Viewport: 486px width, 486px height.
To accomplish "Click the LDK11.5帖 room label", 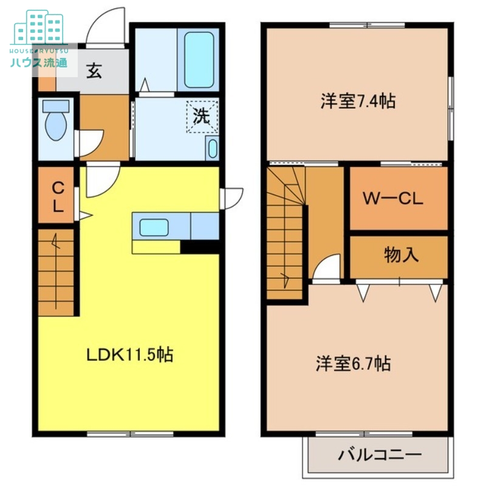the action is pos(129,355).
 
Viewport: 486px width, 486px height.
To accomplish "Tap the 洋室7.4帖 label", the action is pos(358,101).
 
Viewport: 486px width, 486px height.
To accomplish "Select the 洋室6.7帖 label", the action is pos(354,364).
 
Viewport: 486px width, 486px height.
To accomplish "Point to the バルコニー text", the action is pos(380,455).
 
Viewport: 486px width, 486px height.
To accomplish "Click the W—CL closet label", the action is pos(393,199).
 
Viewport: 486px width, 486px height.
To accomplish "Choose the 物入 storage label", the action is pos(402,255).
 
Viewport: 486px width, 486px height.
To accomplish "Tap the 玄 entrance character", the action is pos(94,70).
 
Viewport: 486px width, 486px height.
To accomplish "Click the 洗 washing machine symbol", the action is pos(202,117).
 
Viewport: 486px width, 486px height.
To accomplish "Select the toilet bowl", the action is pos(56,120).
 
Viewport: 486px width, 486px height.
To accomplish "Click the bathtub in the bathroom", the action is pos(199,60).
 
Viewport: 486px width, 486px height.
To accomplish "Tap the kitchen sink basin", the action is pos(154,227).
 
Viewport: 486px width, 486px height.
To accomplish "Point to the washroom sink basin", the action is pos(212,148).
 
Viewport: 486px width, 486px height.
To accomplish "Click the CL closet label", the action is pos(58,197).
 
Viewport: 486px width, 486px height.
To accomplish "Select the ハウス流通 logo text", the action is pos(39,63).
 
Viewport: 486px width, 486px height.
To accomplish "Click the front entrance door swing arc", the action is pos(104,24).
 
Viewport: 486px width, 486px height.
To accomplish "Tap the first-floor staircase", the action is pos(56,273).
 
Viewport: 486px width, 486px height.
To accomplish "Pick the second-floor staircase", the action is pos(285,233).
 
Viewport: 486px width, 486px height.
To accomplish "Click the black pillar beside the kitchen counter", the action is pos(200,247).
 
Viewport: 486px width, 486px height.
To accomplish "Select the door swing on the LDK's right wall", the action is pos(231,199).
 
